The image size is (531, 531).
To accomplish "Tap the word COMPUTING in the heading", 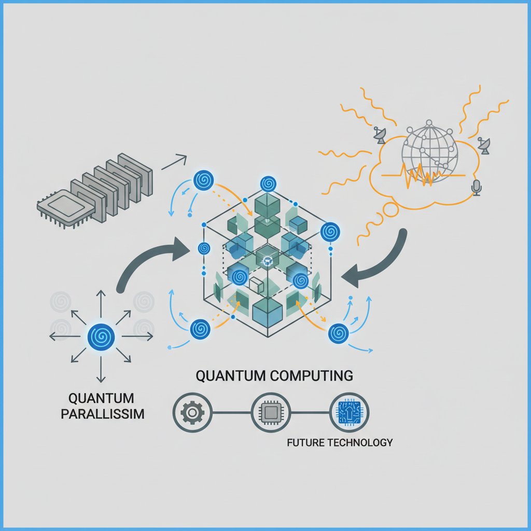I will click(311, 375).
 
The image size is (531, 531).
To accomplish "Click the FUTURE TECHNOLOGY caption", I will click(339, 442).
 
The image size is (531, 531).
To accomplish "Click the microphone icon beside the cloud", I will click(477, 188).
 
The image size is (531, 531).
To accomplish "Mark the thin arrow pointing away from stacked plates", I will click(174, 162).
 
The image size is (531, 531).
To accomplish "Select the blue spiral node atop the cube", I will click(268, 183).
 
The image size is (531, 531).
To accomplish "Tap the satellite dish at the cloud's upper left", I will click(380, 135).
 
